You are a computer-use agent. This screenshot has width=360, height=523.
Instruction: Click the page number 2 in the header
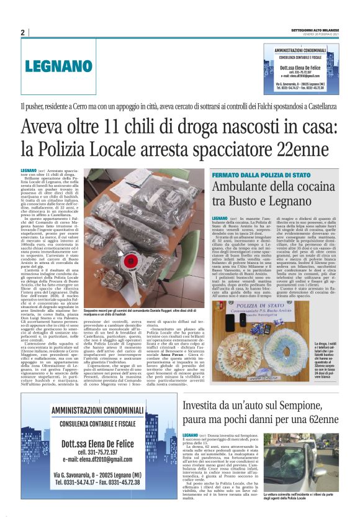(x=22, y=32)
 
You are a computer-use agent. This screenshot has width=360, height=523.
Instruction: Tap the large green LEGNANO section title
(x=55, y=67)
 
